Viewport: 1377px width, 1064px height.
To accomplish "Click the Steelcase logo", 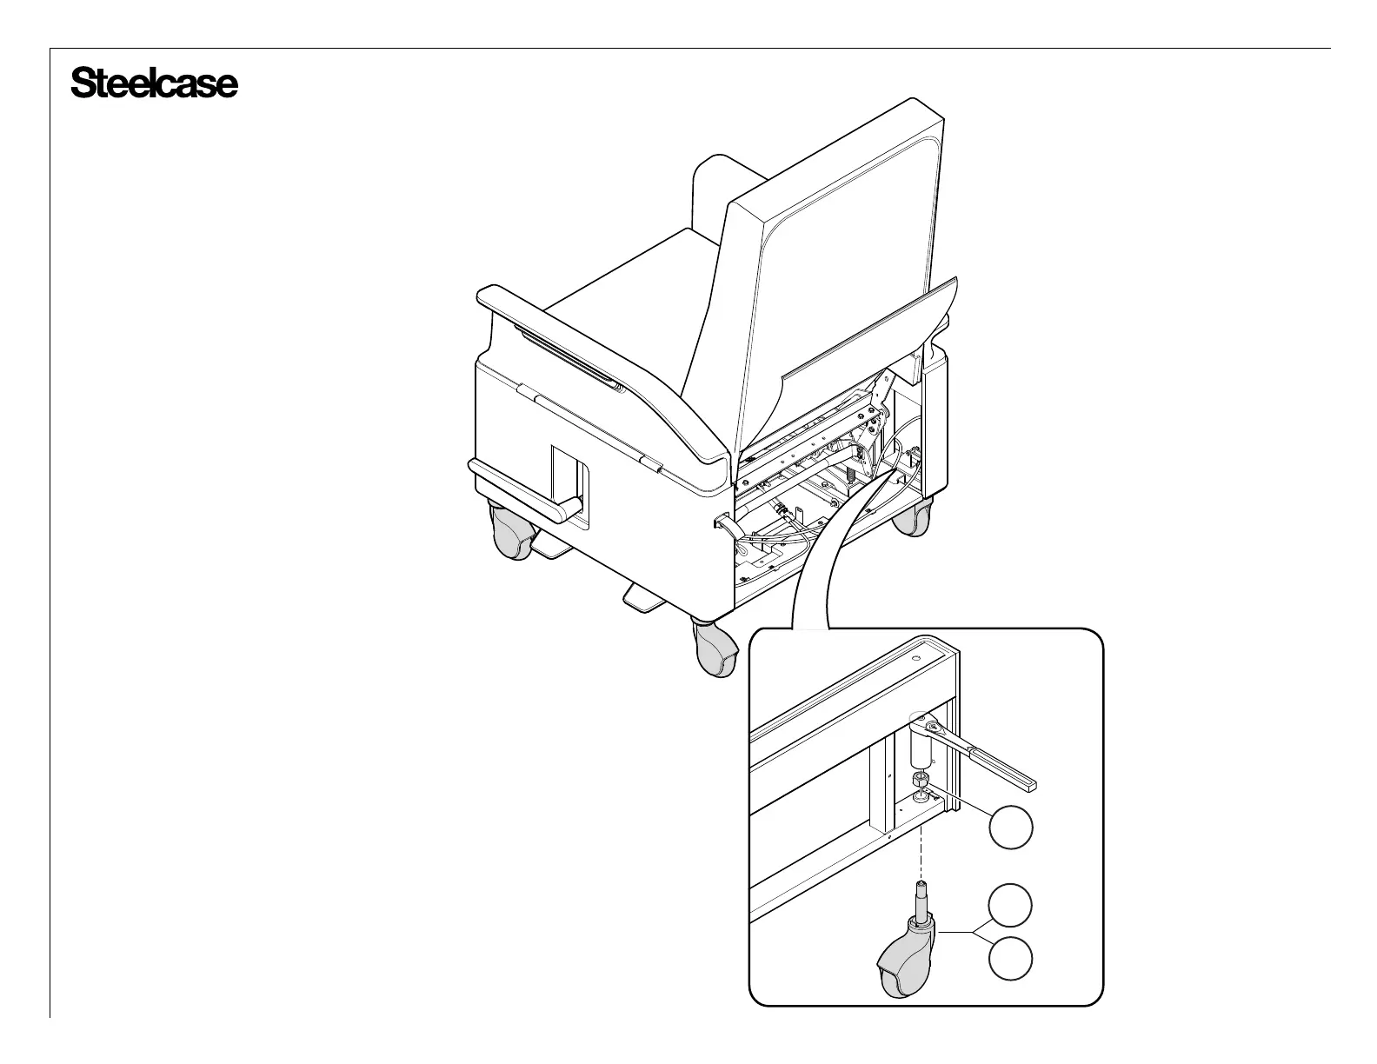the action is [x=154, y=83].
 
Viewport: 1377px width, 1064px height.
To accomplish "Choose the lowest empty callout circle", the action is [x=1011, y=960].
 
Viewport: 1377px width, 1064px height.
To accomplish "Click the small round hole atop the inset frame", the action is [x=915, y=660].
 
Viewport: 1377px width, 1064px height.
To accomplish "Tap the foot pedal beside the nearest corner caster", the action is [x=643, y=599].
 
